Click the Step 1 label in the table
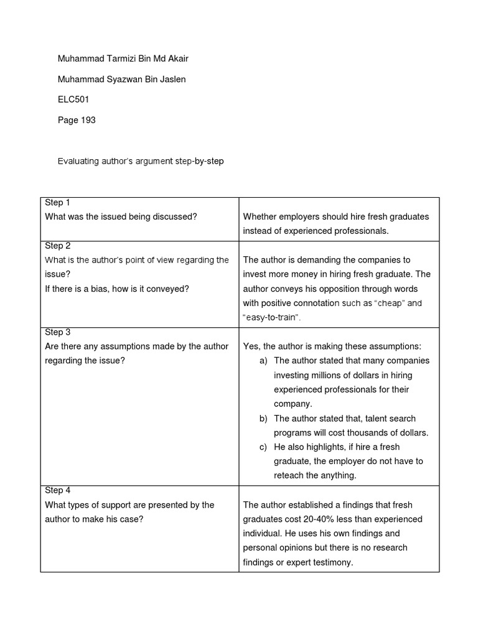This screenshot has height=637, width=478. (x=58, y=203)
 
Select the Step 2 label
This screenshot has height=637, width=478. (x=58, y=246)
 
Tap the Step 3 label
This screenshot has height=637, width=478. (x=58, y=332)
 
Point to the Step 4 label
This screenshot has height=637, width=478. (x=58, y=490)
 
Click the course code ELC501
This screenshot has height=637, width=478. (x=74, y=100)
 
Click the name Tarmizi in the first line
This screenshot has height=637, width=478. (x=120, y=59)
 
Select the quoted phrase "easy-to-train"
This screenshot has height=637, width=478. (x=271, y=318)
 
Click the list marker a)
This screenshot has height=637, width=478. (x=264, y=361)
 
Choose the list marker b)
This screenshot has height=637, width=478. (x=264, y=419)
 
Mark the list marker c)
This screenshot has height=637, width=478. (x=264, y=447)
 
